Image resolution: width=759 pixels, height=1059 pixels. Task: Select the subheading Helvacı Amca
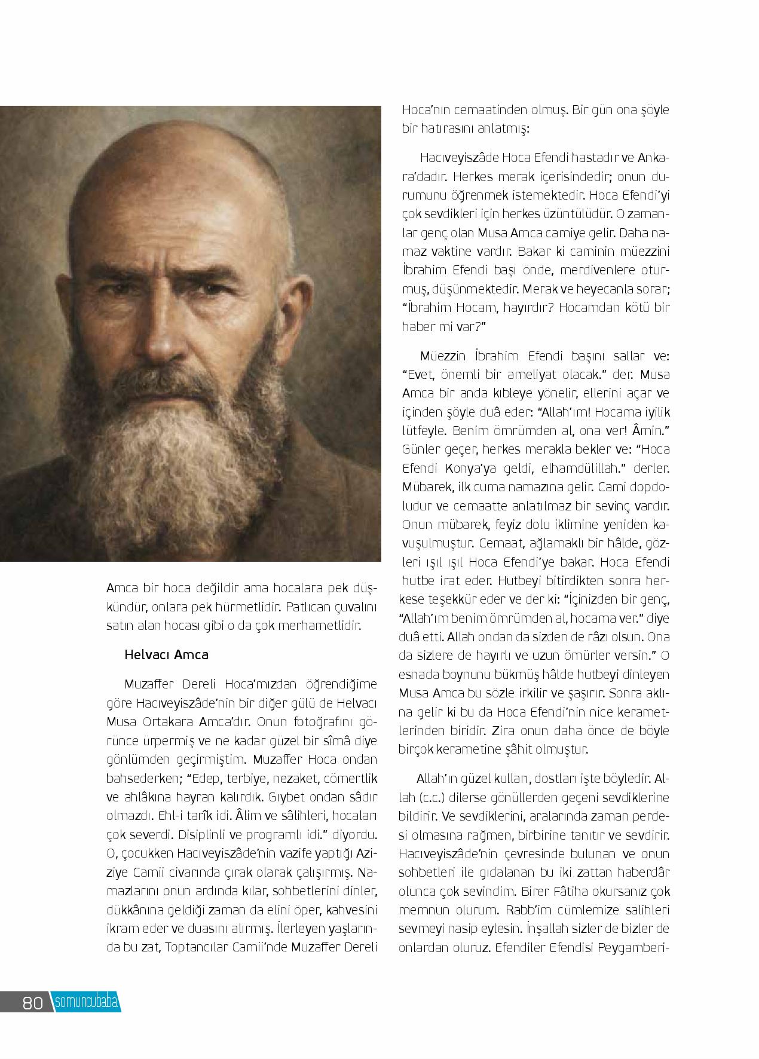click(x=166, y=654)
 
